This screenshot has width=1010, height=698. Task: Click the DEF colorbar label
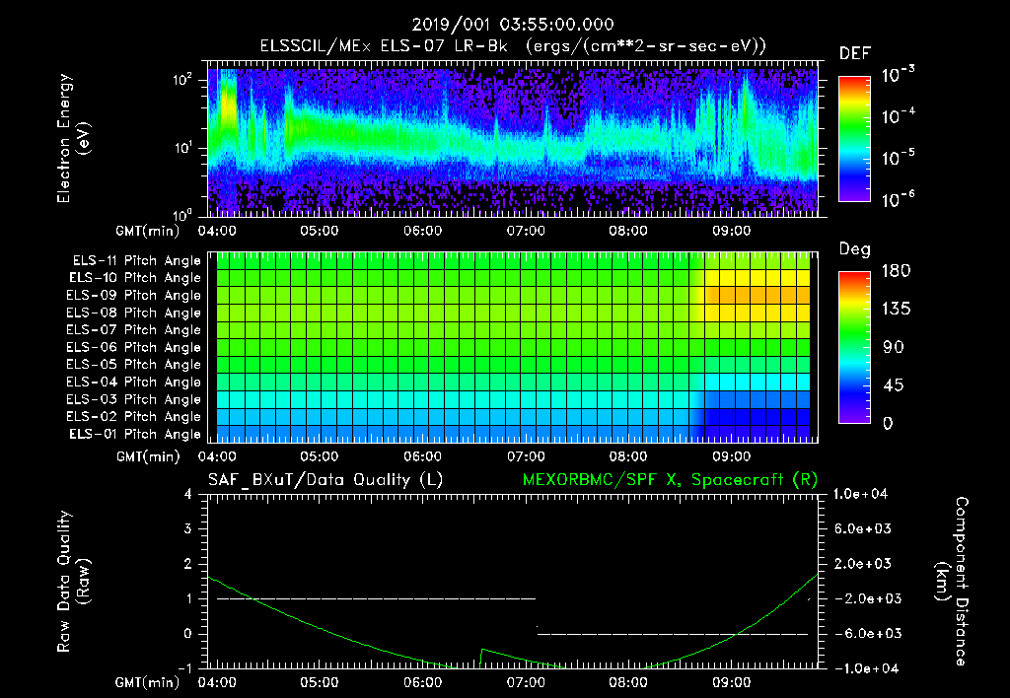pyautogui.click(x=854, y=53)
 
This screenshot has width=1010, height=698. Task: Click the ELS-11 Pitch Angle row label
pyautogui.click(x=136, y=261)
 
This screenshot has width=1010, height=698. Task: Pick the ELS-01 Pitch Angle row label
pyautogui.click(x=136, y=434)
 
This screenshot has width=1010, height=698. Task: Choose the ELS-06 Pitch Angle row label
pyautogui.click(x=136, y=347)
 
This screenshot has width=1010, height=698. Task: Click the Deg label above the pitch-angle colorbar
pyautogui.click(x=854, y=249)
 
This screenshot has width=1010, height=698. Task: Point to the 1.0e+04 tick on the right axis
pyautogui.click(x=864, y=494)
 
